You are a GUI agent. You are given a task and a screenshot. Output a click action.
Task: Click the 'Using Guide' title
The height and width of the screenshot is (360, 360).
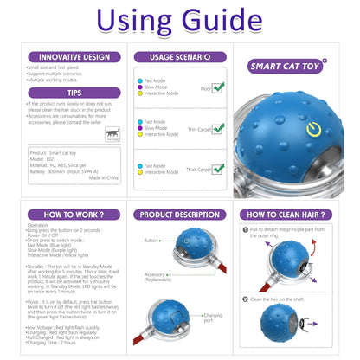tap(180, 22)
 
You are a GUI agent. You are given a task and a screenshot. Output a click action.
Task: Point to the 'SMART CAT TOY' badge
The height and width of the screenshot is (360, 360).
tap(287, 65)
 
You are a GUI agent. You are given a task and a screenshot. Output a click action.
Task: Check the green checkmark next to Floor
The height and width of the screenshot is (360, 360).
tap(218, 87)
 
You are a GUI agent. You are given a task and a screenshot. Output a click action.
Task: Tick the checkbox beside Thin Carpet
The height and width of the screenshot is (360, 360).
tap(218, 128)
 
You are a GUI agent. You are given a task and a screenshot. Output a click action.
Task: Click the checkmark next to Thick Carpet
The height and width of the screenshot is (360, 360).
tap(218, 169)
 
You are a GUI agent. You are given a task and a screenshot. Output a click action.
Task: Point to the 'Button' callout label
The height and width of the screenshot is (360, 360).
tap(151, 241)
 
